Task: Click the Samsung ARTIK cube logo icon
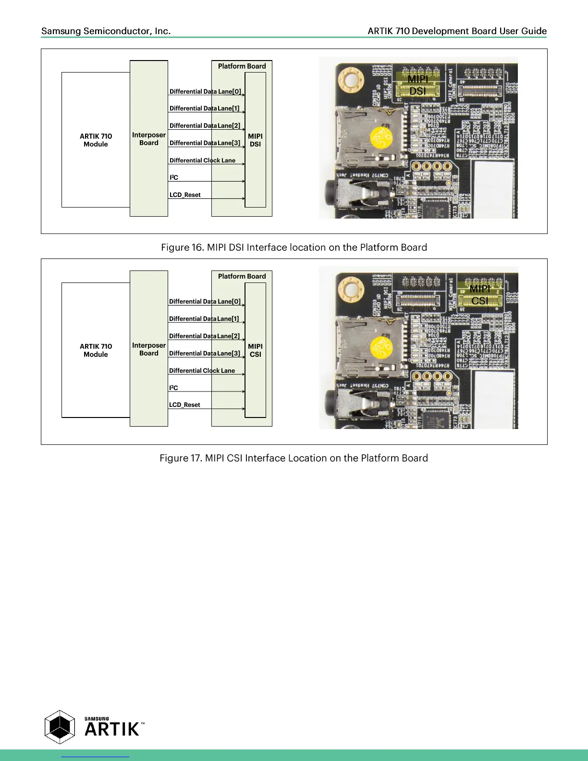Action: pos(60,727)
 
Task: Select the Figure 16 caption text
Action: pos(294,247)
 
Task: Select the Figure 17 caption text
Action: pos(294,458)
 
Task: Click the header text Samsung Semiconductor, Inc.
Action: pos(106,31)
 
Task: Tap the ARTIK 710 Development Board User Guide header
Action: pos(457,31)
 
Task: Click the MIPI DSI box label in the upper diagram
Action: pos(255,140)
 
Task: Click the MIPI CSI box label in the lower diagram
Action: pos(255,350)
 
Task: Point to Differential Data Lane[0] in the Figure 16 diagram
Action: pos(205,91)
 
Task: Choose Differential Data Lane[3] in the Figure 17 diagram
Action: pos(204,353)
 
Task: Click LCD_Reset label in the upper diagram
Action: pos(185,195)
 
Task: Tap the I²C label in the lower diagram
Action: pos(173,388)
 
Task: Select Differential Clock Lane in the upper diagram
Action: pos(202,160)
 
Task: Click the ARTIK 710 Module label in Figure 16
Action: pos(96,140)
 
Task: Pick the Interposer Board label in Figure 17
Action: pos(149,349)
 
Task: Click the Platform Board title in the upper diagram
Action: pos(242,66)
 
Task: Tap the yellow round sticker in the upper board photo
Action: pos(382,138)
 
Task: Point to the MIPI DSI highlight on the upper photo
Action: pos(417,85)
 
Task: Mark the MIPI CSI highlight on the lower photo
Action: pos(479,295)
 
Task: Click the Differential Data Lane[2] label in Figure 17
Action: pos(204,336)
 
